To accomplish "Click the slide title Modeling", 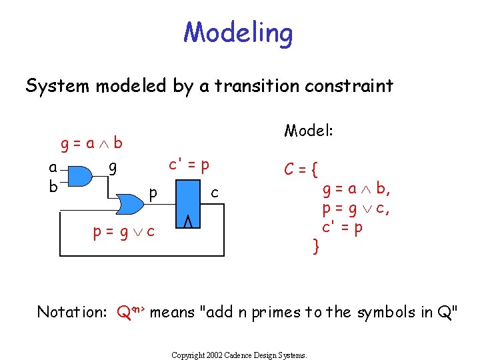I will pos(238,32).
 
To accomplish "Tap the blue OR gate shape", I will pos(129,203).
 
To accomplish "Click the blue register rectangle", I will pos(188,203).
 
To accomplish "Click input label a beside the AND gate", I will pos(53,167).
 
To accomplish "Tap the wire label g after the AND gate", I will pos(113,167).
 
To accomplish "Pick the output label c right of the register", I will pos(214,193).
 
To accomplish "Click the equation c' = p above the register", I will pos(189,164).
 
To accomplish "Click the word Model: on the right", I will pos(309,130).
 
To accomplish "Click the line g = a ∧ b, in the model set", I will pos(357,189).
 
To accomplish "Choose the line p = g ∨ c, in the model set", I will pos(356,209).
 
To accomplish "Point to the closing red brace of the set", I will pos(317,247).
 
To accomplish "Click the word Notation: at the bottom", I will pos(73,311).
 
